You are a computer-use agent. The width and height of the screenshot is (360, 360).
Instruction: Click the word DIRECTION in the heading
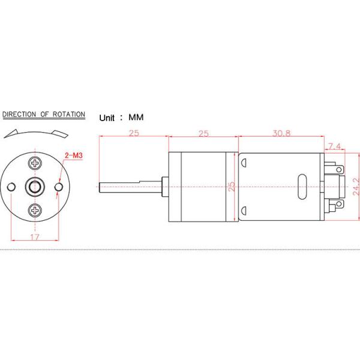[x=21, y=114]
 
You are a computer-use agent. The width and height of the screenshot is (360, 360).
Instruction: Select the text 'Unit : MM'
[x=122, y=118]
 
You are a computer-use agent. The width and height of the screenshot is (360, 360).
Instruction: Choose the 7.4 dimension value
[x=335, y=146]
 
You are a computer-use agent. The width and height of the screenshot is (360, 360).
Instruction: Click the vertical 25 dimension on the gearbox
[x=232, y=187]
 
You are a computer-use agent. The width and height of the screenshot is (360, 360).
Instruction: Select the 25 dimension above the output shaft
[x=133, y=133]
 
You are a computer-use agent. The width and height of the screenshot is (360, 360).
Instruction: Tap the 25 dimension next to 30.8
[x=203, y=133]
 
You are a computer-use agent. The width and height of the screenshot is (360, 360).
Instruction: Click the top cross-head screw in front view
[x=35, y=163]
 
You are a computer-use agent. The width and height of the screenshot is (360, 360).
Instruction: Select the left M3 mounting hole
[x=11, y=187]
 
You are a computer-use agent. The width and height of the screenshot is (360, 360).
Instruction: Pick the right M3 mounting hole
[x=58, y=187]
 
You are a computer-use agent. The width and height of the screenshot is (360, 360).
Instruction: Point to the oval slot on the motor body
[x=301, y=187]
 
